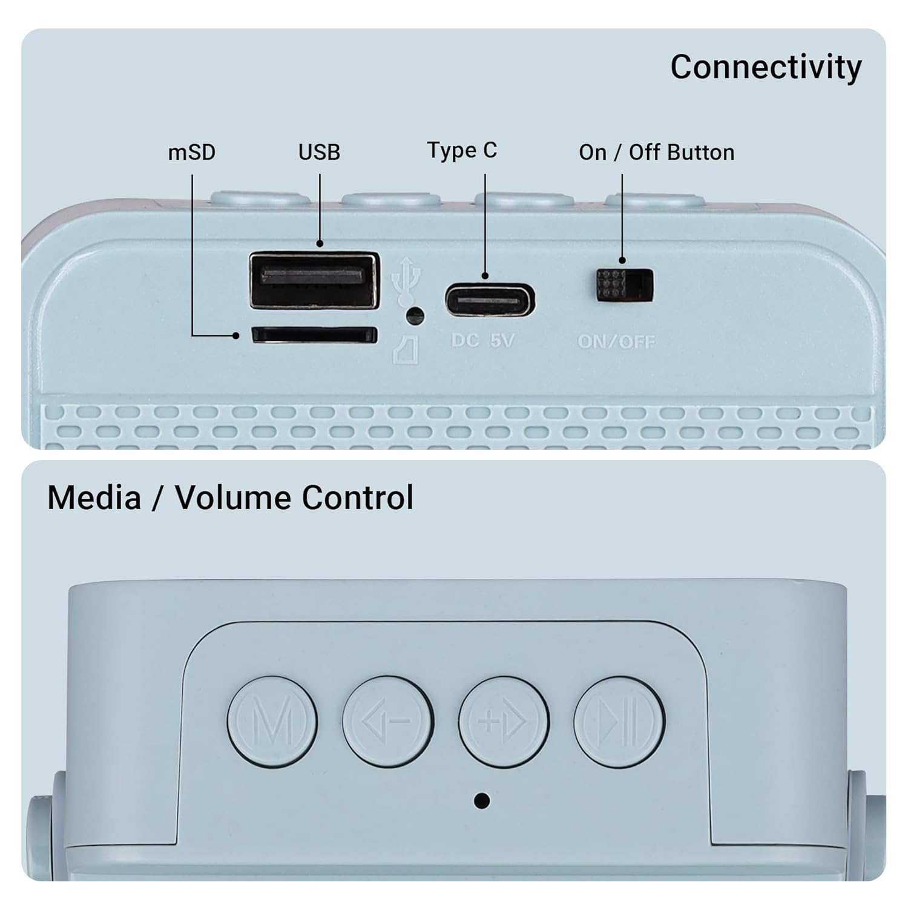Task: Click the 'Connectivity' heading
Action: coord(766,67)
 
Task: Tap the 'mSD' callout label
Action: coord(191,152)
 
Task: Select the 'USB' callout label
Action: coord(319,152)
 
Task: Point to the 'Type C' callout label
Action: coord(462,150)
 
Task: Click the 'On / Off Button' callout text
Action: coord(656,152)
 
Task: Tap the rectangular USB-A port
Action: coord(314,280)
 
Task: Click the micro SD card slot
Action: coord(314,335)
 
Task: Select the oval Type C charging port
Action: coord(490,300)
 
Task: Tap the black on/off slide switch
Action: coord(624,286)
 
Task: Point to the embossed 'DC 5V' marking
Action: coord(482,341)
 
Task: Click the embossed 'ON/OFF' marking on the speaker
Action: coord(616,342)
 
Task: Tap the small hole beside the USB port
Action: coord(415,315)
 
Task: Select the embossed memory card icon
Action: coord(406,350)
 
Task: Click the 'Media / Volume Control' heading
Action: coord(230,498)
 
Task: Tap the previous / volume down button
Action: coord(387,721)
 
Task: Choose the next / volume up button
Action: coord(504,721)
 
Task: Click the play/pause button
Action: coord(619,721)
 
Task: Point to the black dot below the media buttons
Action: coord(482,800)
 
